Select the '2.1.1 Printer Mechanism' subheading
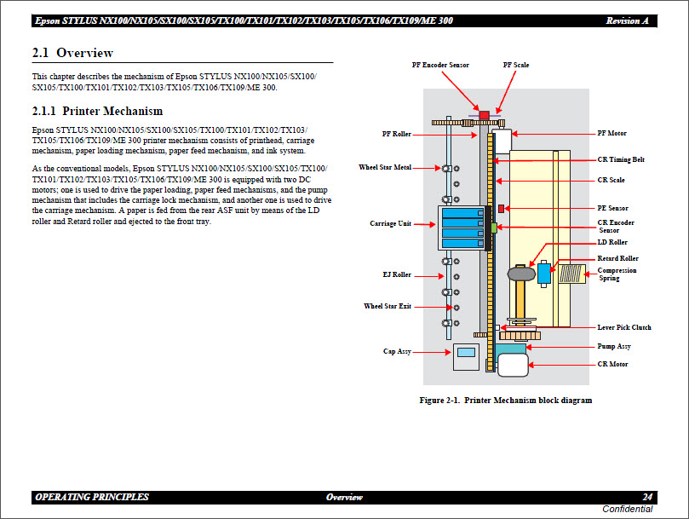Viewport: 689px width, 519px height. coord(97,111)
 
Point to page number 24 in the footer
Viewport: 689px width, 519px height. coord(647,497)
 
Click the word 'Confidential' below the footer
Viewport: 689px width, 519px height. coord(627,509)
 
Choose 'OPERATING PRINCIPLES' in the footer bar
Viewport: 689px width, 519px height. coord(92,497)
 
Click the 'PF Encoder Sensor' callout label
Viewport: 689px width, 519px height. coord(440,65)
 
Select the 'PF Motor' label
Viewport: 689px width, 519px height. coord(611,134)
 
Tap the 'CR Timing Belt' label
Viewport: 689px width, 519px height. coord(621,159)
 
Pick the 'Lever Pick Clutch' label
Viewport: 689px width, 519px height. coord(624,327)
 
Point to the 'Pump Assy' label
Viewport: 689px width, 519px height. coord(613,347)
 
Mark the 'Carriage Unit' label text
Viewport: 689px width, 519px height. coord(390,224)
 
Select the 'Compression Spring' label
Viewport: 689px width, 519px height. coord(617,274)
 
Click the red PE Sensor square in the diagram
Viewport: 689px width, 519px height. coord(501,208)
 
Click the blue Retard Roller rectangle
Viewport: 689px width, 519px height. coord(543,273)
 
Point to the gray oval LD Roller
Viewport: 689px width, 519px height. coord(520,274)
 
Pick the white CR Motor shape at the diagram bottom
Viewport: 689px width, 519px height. coord(514,366)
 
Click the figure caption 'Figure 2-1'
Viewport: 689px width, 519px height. coord(505,400)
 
